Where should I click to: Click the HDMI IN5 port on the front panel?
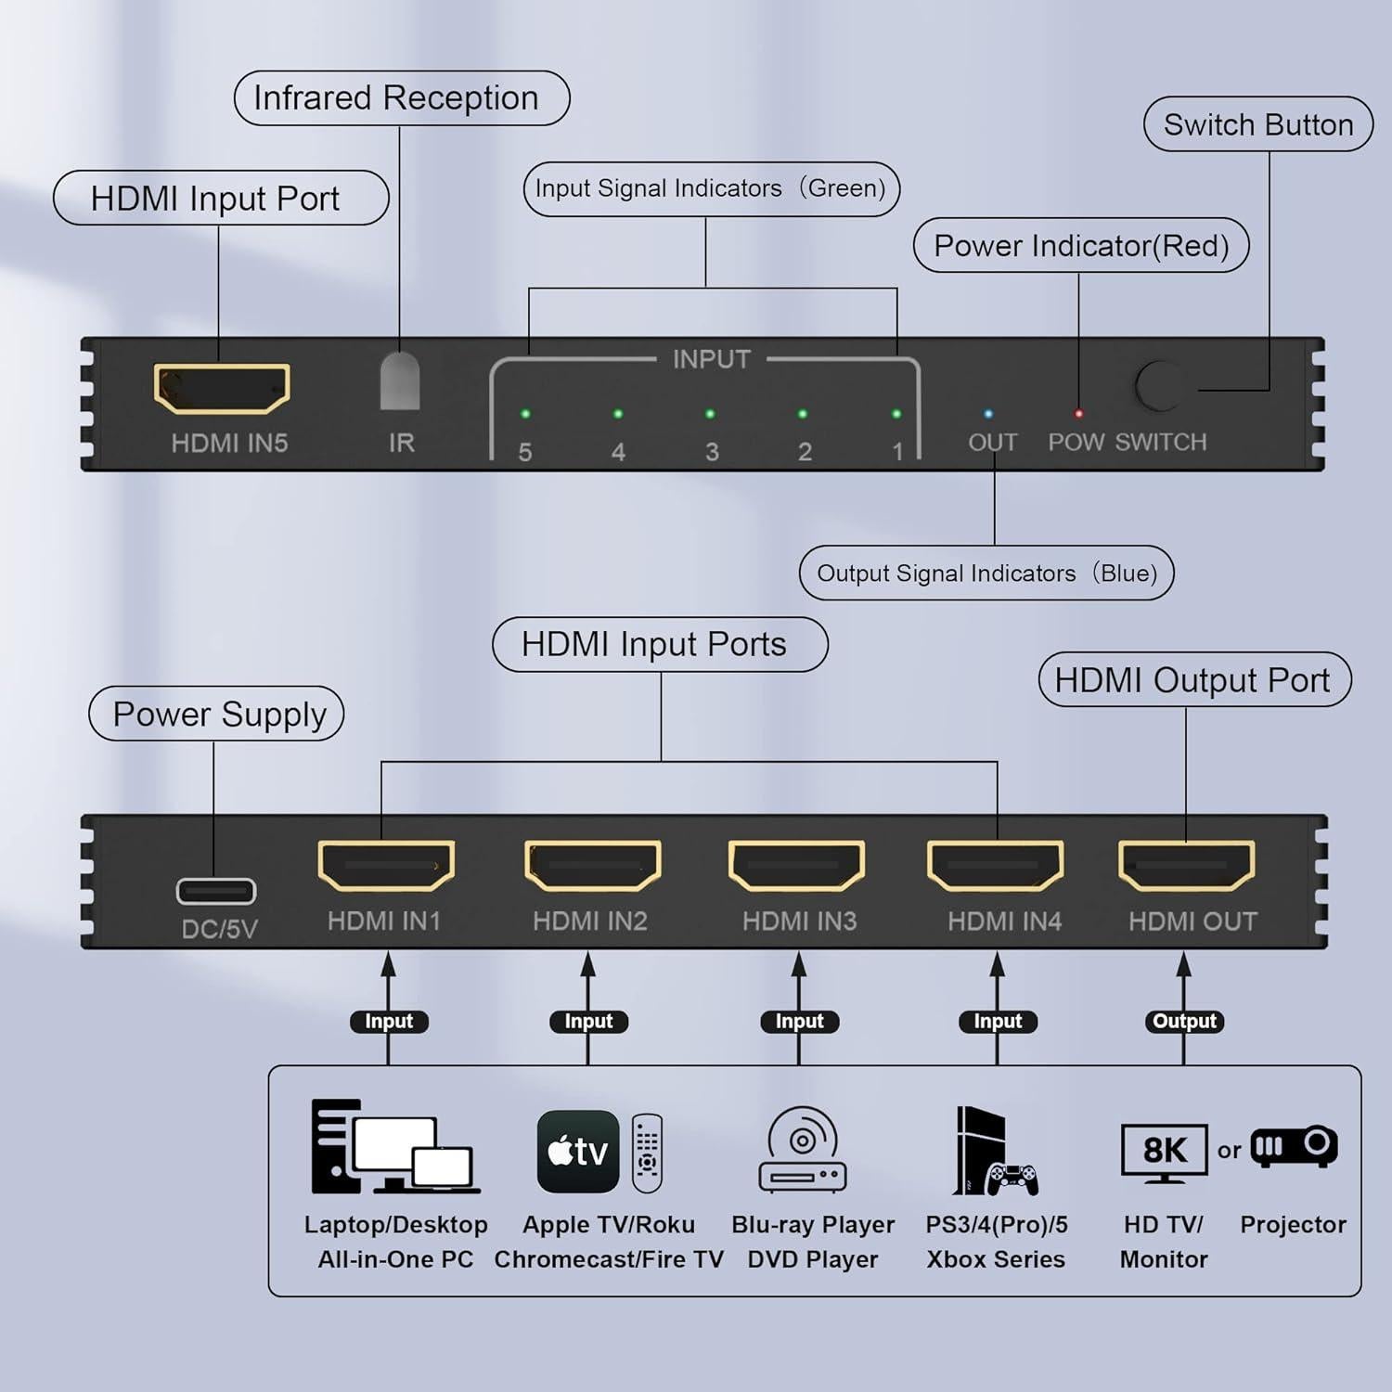pos(222,388)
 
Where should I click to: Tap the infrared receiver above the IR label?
pos(400,380)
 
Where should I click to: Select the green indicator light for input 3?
pos(710,414)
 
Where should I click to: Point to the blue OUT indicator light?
pos(988,414)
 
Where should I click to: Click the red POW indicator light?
pos(1078,414)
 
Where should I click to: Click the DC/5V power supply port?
pos(216,892)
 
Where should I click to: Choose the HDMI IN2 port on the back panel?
pos(593,866)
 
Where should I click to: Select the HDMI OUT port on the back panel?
pos(1187,866)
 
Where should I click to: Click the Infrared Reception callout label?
pos(401,98)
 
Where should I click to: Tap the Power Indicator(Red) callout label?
pos(1081,246)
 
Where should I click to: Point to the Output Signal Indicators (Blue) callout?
pos(986,574)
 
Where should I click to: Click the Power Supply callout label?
pos(217,715)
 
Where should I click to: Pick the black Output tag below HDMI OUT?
pos(1184,1022)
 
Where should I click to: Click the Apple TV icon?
pos(578,1152)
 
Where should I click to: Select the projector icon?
pos(1295,1148)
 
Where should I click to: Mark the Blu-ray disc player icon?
pos(803,1151)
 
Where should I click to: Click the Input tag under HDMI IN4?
pos(998,1022)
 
